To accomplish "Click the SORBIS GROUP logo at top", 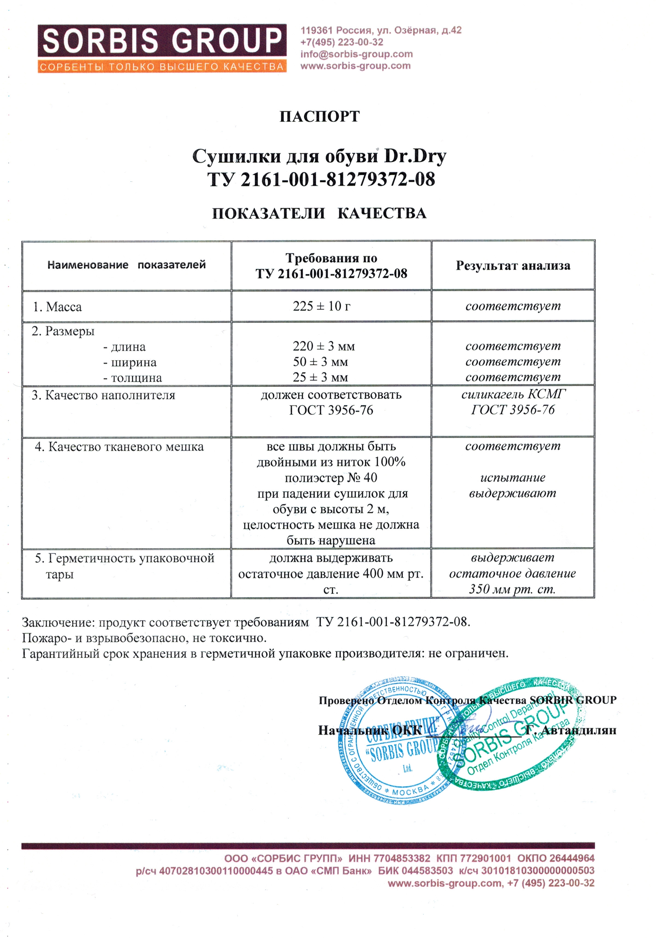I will click(x=162, y=48).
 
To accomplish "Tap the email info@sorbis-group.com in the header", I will click(x=356, y=54).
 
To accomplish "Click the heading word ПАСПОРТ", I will click(x=319, y=117).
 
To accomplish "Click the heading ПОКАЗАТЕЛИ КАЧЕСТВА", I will click(x=319, y=213).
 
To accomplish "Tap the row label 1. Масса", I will click(x=57, y=307).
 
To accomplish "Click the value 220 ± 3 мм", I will click(x=324, y=346).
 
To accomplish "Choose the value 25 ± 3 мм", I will click(x=320, y=377).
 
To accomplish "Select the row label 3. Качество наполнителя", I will click(x=104, y=395).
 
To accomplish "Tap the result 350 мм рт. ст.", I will click(x=512, y=589).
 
